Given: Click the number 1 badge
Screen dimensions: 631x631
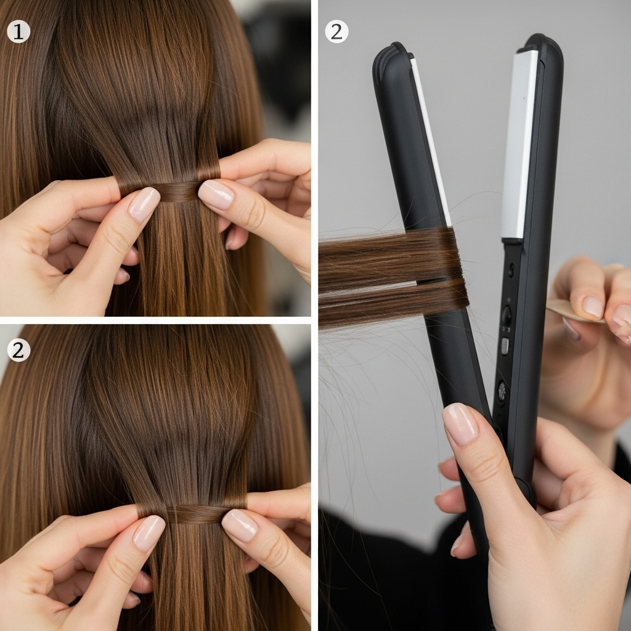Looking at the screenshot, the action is [18, 31].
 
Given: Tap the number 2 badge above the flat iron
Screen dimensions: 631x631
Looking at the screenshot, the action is [336, 31].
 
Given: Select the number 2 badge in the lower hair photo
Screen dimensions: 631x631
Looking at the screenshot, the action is [18, 350].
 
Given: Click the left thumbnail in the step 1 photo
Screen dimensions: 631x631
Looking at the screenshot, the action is [144, 205].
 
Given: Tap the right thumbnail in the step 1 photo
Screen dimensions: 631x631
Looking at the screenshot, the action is [216, 194].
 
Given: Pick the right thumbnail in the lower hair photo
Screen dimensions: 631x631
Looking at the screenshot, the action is [240, 525].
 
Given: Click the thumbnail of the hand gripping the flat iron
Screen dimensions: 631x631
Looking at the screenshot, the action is [461, 424].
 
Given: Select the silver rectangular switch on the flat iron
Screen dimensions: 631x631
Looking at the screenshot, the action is [505, 346].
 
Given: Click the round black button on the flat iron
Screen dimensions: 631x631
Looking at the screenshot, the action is [507, 315].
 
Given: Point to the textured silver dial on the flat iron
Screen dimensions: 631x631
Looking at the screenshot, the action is [502, 390].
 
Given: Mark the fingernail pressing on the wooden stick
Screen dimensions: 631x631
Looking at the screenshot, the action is [593, 307].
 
